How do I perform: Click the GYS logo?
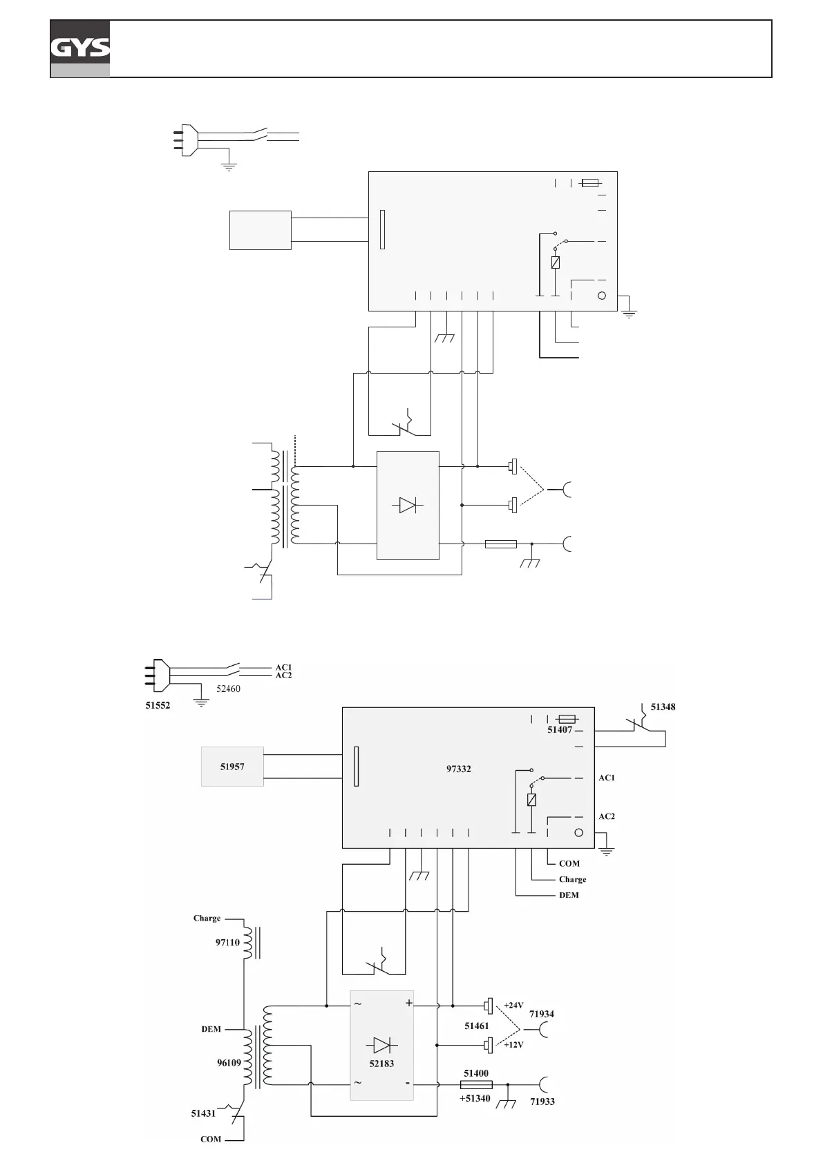click(x=80, y=48)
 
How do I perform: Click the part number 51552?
click(x=158, y=705)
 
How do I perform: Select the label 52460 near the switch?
click(x=228, y=689)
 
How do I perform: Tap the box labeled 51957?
click(x=232, y=766)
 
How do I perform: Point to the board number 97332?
click(x=459, y=769)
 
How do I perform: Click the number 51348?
click(x=663, y=707)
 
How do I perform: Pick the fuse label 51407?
click(x=560, y=729)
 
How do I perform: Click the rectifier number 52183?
click(x=381, y=1064)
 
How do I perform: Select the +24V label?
click(x=513, y=1006)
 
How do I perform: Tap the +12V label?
click(x=513, y=1045)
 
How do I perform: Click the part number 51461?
click(x=477, y=1026)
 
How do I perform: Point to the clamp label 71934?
click(x=542, y=1014)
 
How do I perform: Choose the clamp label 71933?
click(x=542, y=1102)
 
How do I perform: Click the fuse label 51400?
click(x=476, y=1073)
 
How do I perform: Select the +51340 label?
click(x=475, y=1098)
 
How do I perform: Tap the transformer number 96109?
click(x=229, y=1063)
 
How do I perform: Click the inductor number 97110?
click(x=227, y=942)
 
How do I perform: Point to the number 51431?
click(x=203, y=1113)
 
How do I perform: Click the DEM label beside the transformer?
click(x=211, y=1029)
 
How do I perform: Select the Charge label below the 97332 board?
click(x=572, y=879)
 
